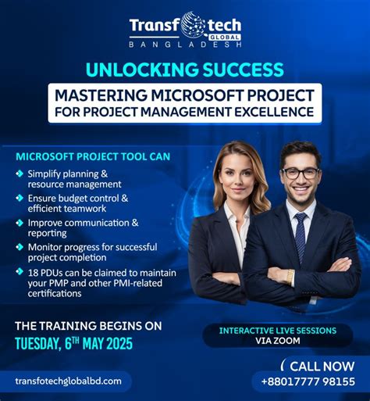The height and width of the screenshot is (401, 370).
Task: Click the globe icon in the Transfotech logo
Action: coord(192,26)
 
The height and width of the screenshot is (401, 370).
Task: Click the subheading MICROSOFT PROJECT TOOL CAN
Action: coord(92,156)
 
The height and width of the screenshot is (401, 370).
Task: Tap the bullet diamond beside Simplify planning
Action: coord(19,174)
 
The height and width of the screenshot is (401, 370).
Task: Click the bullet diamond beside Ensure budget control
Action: coord(19,199)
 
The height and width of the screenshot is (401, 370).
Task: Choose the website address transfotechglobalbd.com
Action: coord(69,381)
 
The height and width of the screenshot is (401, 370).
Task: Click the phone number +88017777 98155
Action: coord(308,381)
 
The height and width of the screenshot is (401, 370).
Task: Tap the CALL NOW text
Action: coord(321,366)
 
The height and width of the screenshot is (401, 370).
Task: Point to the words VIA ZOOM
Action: coord(277,342)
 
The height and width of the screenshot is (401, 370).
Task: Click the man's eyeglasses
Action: coord(301,173)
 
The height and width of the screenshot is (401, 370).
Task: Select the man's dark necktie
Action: coord(301,237)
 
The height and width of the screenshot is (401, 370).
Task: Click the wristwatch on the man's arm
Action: coord(290,276)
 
